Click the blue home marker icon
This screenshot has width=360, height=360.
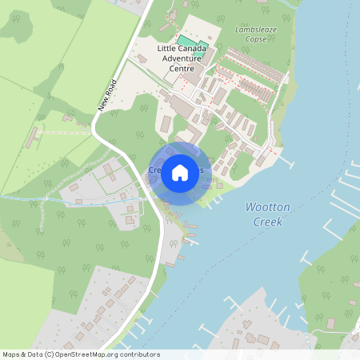pyautogui.click(x=180, y=172)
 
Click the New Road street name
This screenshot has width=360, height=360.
pyautogui.click(x=108, y=94)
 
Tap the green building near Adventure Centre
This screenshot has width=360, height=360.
pyautogui.click(x=186, y=40)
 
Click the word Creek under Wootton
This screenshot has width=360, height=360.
pyautogui.click(x=266, y=222)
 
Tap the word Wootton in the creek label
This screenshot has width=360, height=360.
pyautogui.click(x=268, y=207)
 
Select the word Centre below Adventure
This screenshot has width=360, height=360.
pyautogui.click(x=183, y=68)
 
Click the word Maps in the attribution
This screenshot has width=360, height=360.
pyautogui.click(x=11, y=354)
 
